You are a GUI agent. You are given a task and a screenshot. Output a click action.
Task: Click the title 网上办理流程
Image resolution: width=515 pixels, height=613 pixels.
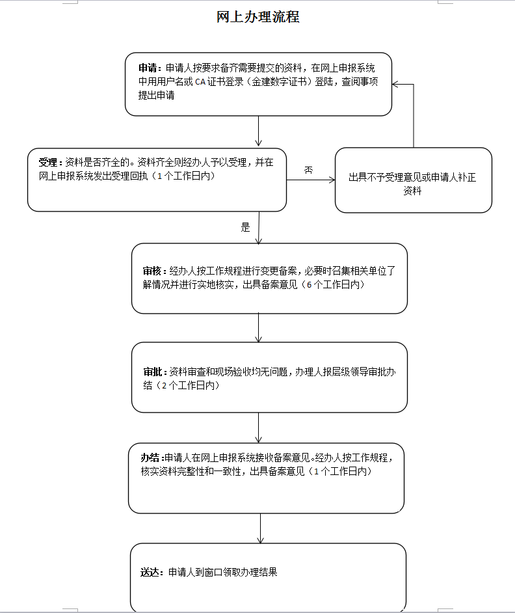pyautogui.click(x=258, y=17)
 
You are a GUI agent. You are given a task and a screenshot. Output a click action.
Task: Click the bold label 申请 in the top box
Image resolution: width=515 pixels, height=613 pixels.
pyautogui.click(x=148, y=68)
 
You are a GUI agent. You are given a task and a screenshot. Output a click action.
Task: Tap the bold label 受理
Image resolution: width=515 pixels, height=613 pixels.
pyautogui.click(x=48, y=162)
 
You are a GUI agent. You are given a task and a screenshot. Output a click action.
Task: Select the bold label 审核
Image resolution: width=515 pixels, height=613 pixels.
pyautogui.click(x=152, y=271)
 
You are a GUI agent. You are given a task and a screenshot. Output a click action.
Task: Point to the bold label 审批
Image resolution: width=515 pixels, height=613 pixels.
pyautogui.click(x=153, y=372)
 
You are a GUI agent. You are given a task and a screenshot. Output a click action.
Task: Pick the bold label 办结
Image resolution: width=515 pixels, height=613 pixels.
pyautogui.click(x=150, y=457)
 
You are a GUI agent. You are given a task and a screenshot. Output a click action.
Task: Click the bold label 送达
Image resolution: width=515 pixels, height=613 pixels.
pyautogui.click(x=150, y=573)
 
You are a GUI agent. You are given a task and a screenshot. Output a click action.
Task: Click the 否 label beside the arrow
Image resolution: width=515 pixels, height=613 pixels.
pyautogui.click(x=309, y=170)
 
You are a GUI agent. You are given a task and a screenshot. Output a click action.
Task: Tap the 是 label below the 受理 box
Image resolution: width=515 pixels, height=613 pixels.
pyautogui.click(x=245, y=227)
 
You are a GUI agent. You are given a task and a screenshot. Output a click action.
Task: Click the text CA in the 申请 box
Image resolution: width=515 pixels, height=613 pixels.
pyautogui.click(x=200, y=82)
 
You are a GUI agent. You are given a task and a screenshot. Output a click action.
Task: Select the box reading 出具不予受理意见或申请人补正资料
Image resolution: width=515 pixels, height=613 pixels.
pyautogui.click(x=414, y=180)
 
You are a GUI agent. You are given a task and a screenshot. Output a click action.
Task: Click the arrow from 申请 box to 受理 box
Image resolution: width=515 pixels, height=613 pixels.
pyautogui.click(x=258, y=131)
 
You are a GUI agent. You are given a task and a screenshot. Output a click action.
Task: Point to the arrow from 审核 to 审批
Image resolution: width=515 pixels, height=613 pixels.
pyautogui.click(x=258, y=328)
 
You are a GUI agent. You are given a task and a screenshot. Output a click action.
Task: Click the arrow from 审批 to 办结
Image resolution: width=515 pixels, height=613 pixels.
pyautogui.click(x=258, y=428)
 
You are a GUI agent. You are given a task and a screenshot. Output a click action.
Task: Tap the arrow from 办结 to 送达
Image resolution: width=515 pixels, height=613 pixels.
pyautogui.click(x=260, y=528)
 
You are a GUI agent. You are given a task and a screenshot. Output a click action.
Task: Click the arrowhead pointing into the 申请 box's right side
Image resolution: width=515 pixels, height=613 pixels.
pyautogui.click(x=395, y=85)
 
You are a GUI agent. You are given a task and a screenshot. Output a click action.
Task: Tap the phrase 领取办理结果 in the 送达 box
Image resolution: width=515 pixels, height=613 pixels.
pyautogui.click(x=250, y=573)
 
